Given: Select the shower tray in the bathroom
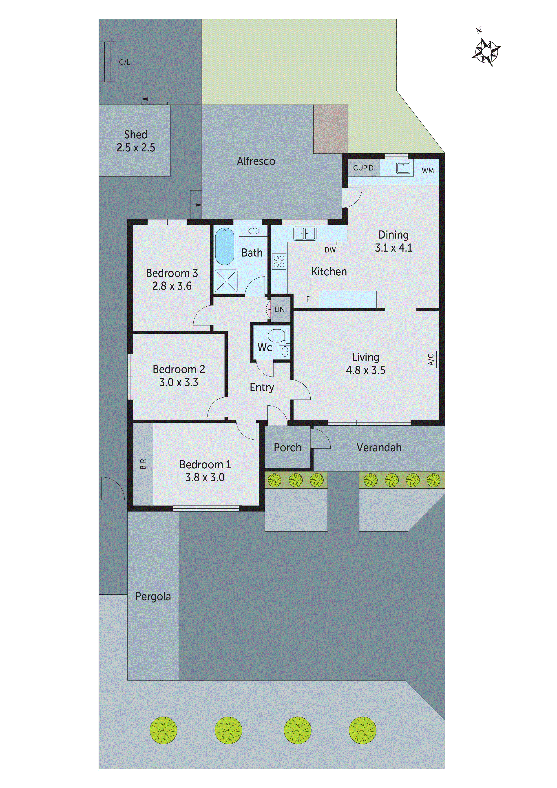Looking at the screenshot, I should coord(226,281).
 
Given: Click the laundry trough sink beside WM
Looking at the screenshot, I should coord(403,168).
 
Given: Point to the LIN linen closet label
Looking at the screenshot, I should coord(279,310).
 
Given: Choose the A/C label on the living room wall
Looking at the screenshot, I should coord(431,359).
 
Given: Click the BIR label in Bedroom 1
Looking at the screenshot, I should coord(143,464).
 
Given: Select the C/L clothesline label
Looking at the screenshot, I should coord(124,62).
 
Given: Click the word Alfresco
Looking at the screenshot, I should coord(256,161).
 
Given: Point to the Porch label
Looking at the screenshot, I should coord(287,447).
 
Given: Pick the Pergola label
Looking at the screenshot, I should coord(153,596).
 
